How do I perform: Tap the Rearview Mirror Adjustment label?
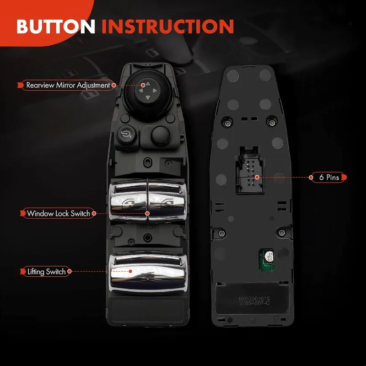(68, 85)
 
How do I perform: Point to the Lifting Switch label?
(46, 272)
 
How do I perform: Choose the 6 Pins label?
(329, 177)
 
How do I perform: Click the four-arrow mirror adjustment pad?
(143, 91)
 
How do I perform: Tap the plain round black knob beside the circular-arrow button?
(158, 134)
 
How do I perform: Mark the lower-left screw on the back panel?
(222, 233)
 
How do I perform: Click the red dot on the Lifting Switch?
(131, 271)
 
